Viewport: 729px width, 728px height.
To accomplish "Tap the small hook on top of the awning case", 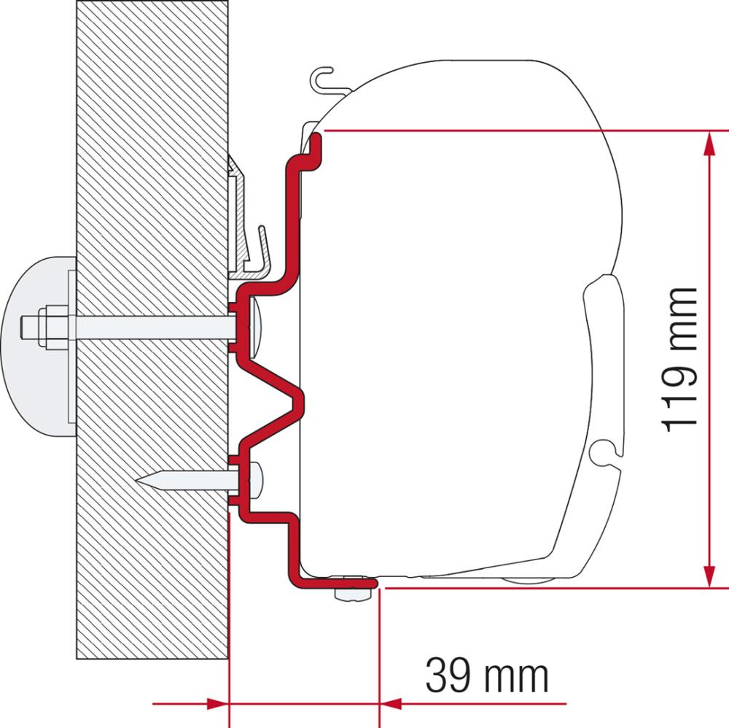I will pyautogui.click(x=323, y=77).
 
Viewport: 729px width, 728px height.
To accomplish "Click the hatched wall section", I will pyautogui.click(x=146, y=182).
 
